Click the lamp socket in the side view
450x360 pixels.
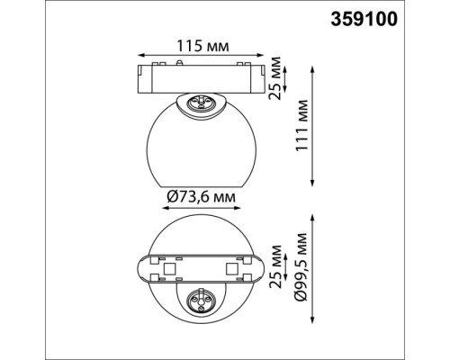(199, 103)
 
